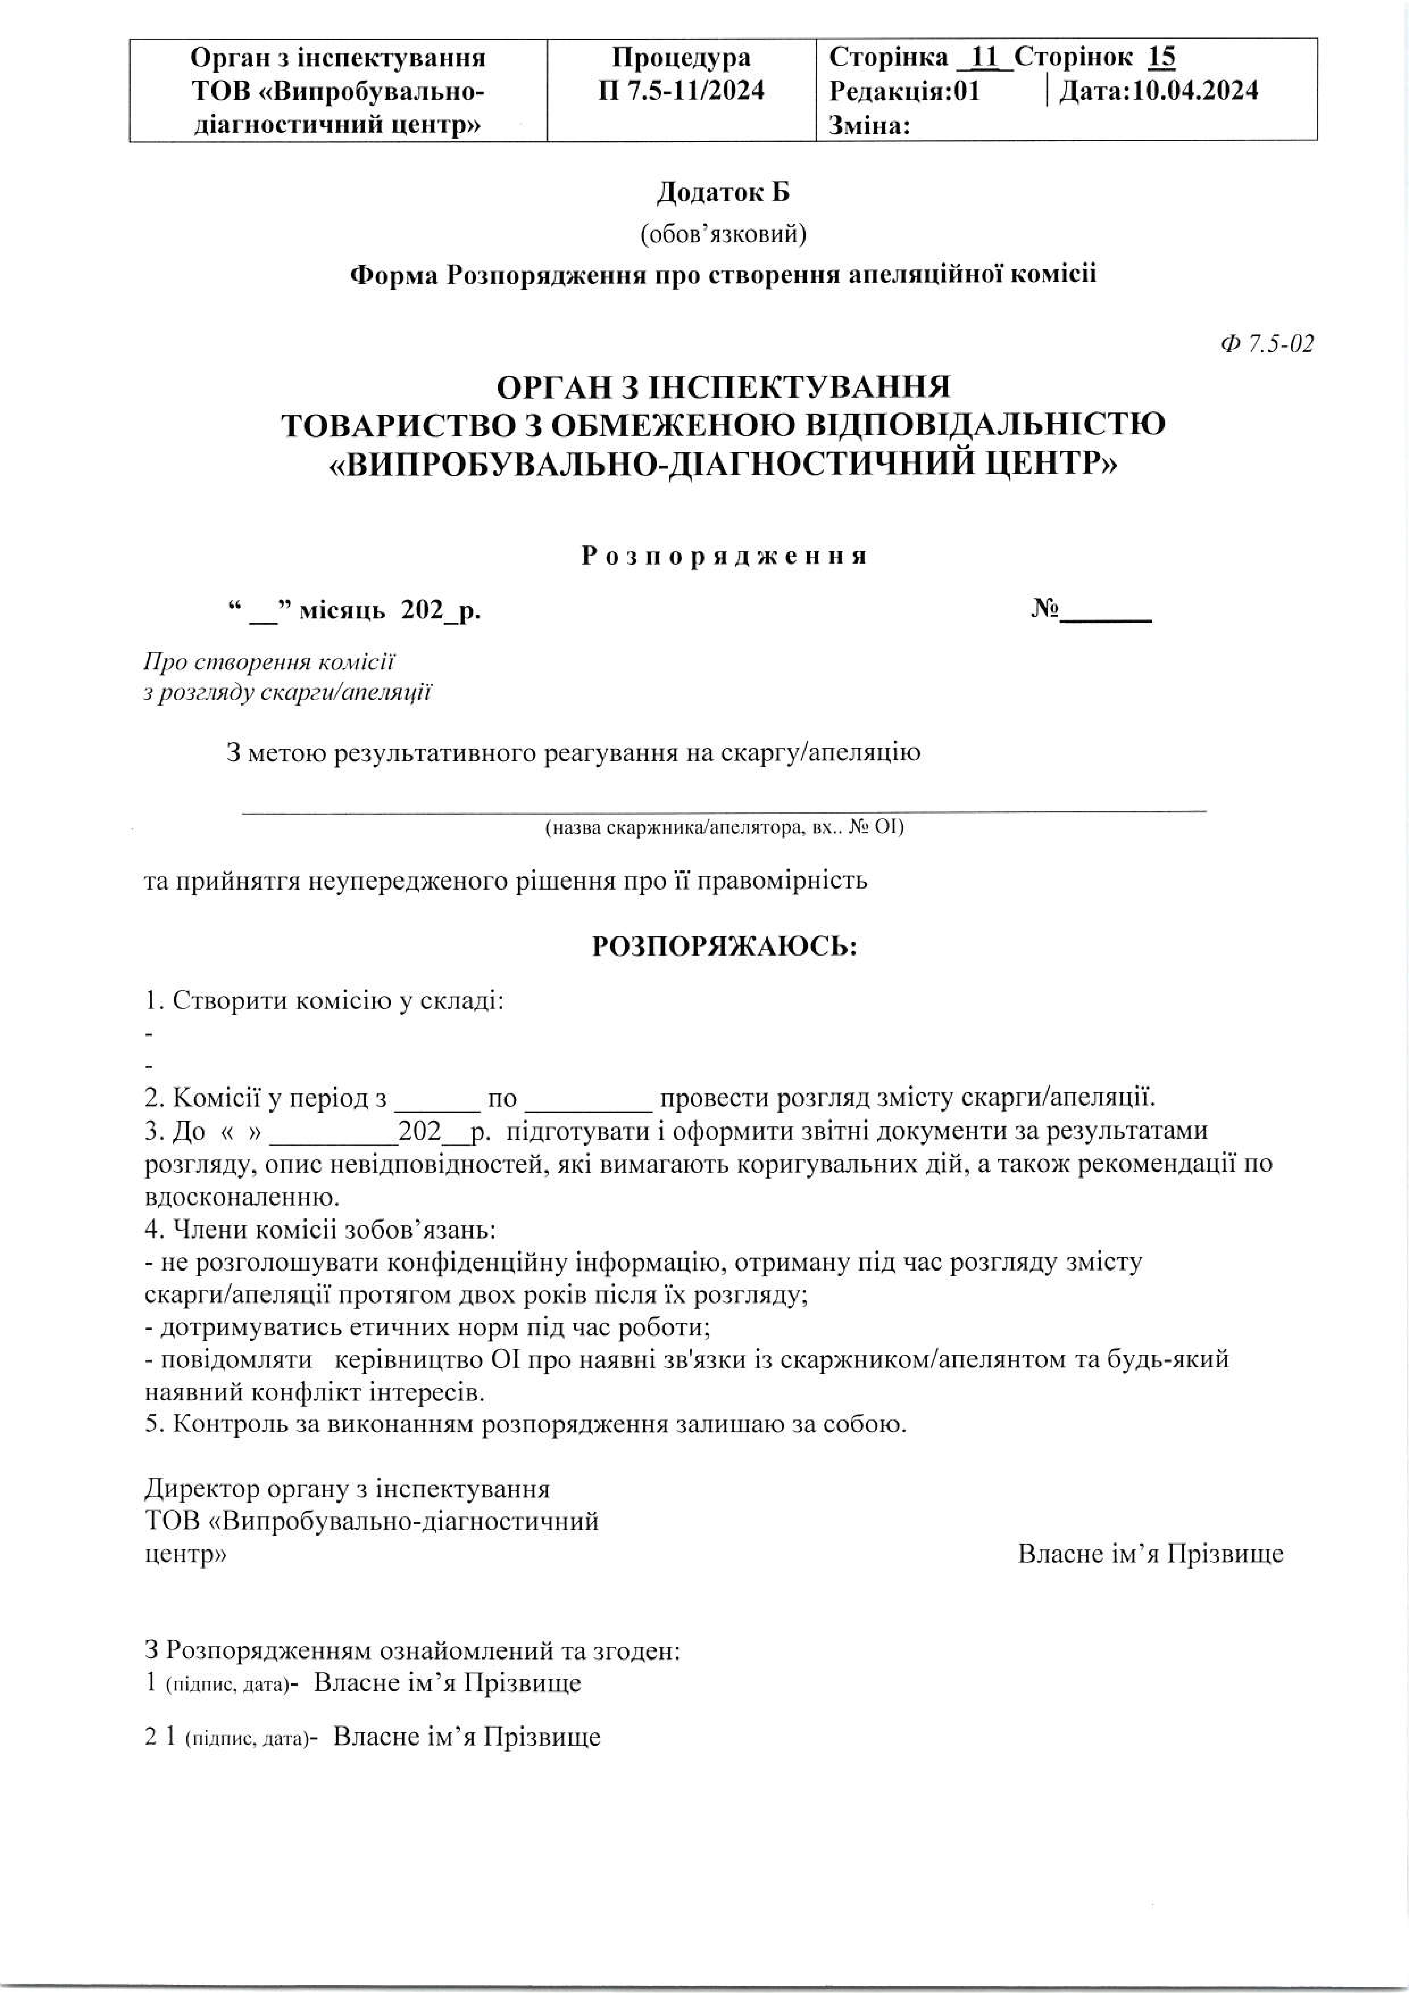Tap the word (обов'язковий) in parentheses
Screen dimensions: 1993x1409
pos(723,234)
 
